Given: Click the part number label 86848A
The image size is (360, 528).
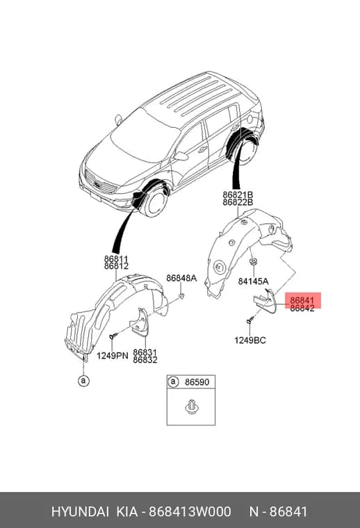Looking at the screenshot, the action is point(181,278).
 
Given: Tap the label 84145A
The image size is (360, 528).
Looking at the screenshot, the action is point(253,281).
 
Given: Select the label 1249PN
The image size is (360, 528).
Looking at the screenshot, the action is point(113,355).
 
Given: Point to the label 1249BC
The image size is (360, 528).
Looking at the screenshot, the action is point(250,340).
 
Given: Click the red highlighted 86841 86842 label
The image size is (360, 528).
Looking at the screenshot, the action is point(302,304).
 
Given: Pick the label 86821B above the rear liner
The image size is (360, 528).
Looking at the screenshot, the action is point(238,195).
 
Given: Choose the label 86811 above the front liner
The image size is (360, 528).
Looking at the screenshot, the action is point(116,259).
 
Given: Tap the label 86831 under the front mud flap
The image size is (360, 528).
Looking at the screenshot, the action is point(145,352).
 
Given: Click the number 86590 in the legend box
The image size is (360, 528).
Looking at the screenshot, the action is point(197,382).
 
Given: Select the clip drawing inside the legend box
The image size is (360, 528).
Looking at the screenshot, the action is point(191,406).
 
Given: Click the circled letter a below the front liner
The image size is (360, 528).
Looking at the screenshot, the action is point(83,381).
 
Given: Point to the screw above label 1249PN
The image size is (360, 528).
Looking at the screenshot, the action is point(113,336).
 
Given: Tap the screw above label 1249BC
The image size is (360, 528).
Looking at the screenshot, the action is point(249,320).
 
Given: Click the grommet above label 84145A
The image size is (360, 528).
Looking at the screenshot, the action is point(252,261).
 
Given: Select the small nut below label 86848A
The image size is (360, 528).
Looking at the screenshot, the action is point(181,297).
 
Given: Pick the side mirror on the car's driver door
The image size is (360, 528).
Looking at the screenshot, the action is point(181,156).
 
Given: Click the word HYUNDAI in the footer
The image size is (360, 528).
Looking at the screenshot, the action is point(80,512).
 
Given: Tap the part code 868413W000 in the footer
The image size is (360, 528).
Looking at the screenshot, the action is point(190,512).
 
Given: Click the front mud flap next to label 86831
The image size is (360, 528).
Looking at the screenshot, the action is point(140,322).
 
